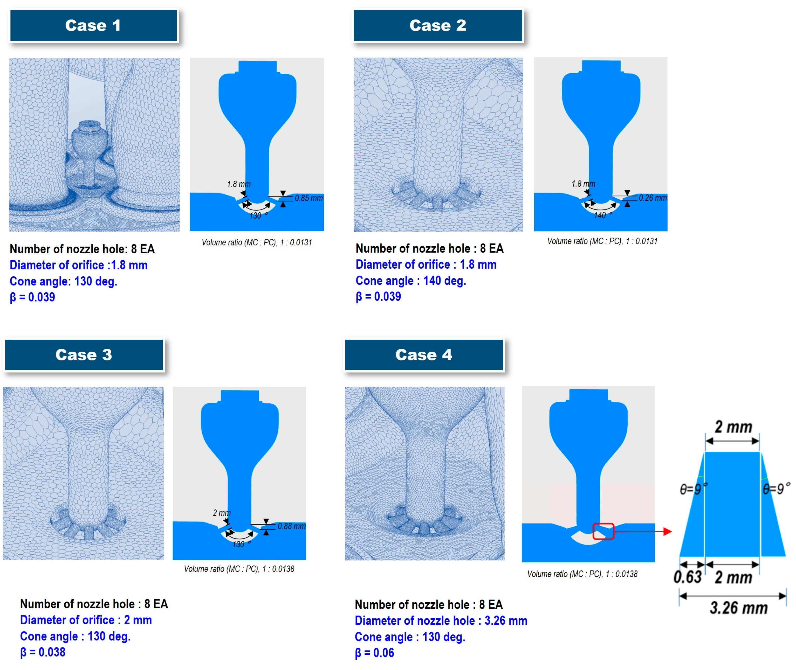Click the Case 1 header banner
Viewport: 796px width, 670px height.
[x=93, y=25]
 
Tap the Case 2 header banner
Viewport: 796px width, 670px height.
[x=438, y=25]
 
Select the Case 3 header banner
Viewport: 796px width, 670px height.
[x=84, y=355]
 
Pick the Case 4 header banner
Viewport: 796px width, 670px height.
[x=424, y=355]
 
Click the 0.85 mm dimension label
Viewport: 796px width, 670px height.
[x=308, y=198]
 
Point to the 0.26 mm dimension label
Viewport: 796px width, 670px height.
[x=652, y=198]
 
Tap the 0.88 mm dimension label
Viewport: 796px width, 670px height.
[x=291, y=526]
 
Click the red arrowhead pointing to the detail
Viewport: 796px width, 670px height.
[x=668, y=531]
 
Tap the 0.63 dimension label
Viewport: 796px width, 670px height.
[x=687, y=577]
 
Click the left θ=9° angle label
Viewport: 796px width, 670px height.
[x=694, y=488]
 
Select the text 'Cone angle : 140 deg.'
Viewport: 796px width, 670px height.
[x=411, y=281]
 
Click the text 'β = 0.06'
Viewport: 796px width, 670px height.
[x=374, y=653]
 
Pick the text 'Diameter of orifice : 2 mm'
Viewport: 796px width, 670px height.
[x=86, y=620]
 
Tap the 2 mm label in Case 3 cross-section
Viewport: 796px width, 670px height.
[x=222, y=513]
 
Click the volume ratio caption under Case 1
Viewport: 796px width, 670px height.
[x=257, y=242]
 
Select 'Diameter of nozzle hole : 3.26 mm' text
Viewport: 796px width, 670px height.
[x=441, y=621]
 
